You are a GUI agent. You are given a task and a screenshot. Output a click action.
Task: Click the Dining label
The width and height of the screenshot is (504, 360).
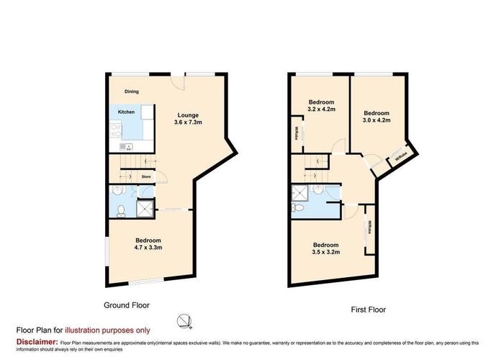(x=131, y=91)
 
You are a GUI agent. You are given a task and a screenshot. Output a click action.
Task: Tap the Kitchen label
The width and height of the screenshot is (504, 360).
(x=126, y=112)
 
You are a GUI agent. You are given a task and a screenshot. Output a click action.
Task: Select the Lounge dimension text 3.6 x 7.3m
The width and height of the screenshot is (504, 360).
(x=189, y=122)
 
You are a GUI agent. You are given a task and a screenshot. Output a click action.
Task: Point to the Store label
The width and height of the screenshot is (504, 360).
(x=145, y=176)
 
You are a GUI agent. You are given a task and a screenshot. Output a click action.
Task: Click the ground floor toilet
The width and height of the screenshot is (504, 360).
(x=122, y=210)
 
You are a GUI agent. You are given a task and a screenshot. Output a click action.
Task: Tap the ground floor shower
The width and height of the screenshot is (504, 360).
(x=145, y=208)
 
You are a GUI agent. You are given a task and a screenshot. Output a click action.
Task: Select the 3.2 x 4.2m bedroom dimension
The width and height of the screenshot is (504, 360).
(x=322, y=111)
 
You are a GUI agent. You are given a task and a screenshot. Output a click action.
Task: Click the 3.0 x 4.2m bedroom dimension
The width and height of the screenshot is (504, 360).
(x=376, y=121)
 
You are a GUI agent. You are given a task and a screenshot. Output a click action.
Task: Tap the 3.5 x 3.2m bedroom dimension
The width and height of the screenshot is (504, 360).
(x=326, y=253)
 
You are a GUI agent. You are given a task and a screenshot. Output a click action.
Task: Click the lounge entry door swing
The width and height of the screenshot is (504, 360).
(x=179, y=84)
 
